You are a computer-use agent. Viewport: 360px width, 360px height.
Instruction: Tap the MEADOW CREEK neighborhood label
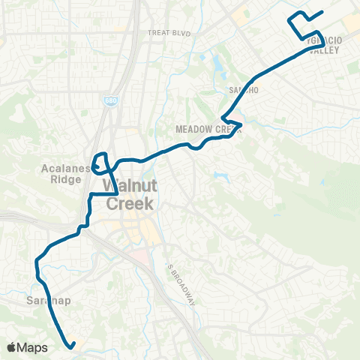click(208, 129)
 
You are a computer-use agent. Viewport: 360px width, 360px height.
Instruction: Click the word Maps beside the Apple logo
click(33, 347)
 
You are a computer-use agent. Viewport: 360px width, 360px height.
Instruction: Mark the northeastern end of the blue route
click(322, 12)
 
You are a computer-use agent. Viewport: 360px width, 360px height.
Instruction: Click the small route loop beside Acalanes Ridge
click(101, 163)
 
